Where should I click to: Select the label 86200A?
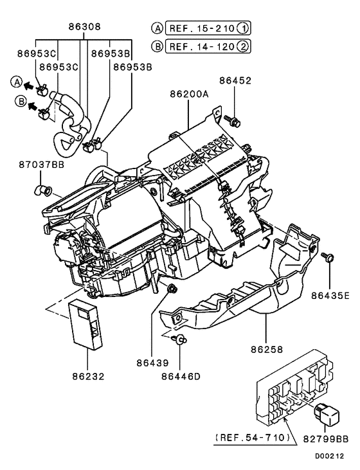[189, 94]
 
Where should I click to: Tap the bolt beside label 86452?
[233, 120]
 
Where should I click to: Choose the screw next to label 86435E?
[329, 258]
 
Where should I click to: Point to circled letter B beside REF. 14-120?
[157, 47]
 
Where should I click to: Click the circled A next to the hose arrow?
[15, 82]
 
